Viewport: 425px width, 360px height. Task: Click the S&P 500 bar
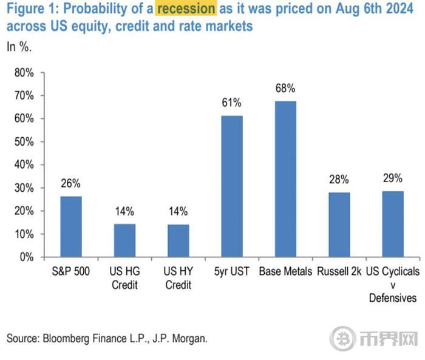(71, 226)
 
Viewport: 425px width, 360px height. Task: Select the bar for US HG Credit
(125, 240)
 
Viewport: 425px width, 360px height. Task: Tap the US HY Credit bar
(178, 240)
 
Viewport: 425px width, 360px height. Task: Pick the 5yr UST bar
(231, 186)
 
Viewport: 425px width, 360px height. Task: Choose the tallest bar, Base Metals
(285, 179)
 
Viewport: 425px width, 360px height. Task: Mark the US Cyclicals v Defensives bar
(392, 224)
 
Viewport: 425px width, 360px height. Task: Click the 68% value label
(285, 88)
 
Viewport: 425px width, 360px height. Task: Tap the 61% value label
(232, 103)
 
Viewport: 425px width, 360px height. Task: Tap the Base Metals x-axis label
(285, 271)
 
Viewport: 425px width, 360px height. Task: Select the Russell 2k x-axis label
(339, 271)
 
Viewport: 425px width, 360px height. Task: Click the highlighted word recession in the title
(186, 10)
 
